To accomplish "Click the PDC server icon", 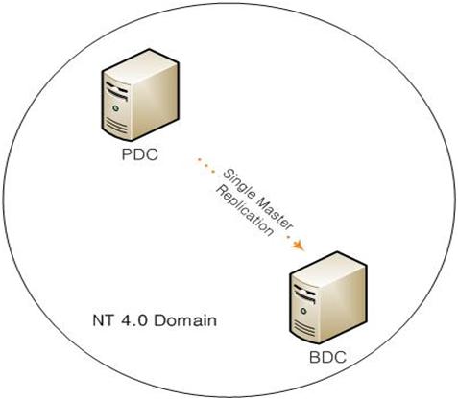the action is tap(140, 95).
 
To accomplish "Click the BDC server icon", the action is tap(328, 298).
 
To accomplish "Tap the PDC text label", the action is tap(140, 154).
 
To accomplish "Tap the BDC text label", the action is tap(327, 357).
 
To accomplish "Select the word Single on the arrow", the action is tap(239, 185).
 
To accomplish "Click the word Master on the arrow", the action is tap(275, 213).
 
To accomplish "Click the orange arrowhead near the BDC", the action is tap(298, 246).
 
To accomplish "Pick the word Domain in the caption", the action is tap(185, 320).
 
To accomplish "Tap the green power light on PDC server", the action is tap(116, 108).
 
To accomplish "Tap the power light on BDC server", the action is tap(303, 311).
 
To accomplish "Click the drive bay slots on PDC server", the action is tap(117, 90).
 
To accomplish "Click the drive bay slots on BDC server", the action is tap(304, 293).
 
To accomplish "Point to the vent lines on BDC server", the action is tap(304, 327).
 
